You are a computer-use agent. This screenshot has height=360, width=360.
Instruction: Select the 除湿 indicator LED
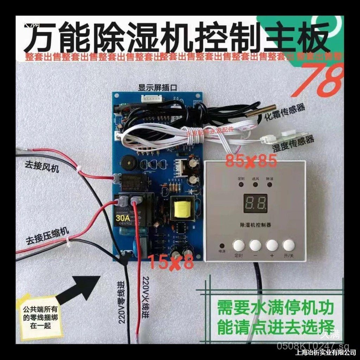point(269,184)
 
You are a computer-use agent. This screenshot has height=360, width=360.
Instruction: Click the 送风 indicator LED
point(255,184)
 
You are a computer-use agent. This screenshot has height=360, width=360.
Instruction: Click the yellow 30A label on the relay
point(123,218)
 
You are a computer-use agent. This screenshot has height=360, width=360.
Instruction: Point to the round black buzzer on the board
point(127,162)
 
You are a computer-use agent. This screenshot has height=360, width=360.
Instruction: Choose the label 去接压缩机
point(47,238)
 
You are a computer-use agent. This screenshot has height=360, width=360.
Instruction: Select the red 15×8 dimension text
point(170,262)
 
